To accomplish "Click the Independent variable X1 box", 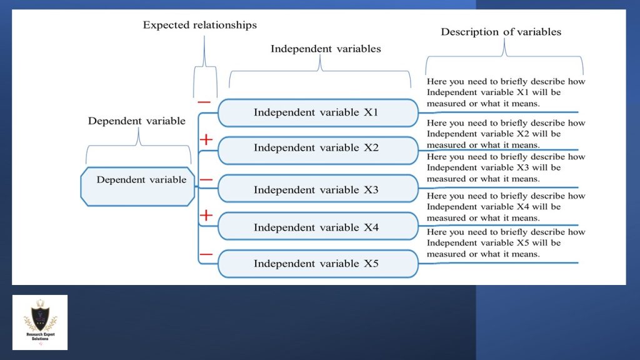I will [x=317, y=113].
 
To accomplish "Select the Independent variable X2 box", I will [x=317, y=148].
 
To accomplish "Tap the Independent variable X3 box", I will [x=317, y=190].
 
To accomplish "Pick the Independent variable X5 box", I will [x=317, y=264].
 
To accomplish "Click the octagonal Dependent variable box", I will [x=138, y=186].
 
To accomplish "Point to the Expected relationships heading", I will [x=199, y=26].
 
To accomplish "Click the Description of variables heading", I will [x=501, y=32].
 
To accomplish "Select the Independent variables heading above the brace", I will [x=325, y=49].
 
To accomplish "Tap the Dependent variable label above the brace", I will [x=136, y=121].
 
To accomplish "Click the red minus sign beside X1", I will [x=204, y=102].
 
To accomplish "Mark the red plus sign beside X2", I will [x=206, y=140].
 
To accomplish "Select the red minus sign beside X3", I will [x=206, y=180].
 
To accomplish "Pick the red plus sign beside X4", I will [x=206, y=216].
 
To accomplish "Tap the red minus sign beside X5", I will [x=206, y=254].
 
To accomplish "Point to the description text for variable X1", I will [x=506, y=92].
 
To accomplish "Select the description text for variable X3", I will [x=506, y=167].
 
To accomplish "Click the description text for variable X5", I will [x=506, y=243].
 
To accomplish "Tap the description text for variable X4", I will [x=506, y=207].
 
